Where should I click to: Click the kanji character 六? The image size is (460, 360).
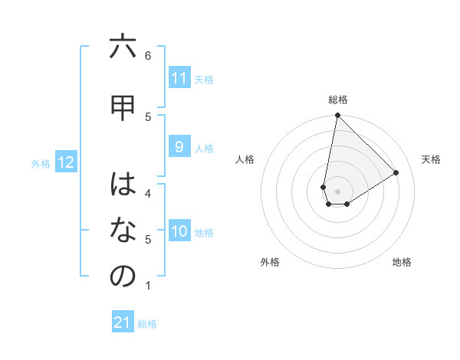point(123,47)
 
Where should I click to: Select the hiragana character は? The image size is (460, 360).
point(123,184)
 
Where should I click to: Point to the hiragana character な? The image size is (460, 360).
point(123,230)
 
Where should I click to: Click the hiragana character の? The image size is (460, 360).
point(123,277)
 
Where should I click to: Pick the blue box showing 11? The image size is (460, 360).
point(179,78)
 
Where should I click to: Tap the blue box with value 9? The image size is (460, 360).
point(179,147)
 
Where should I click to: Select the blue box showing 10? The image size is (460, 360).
point(179,231)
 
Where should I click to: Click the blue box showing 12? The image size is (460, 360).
point(66,162)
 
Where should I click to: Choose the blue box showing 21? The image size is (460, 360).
point(123,322)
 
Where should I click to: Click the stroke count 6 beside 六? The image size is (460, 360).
point(148,55)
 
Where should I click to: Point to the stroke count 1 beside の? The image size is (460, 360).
point(148,286)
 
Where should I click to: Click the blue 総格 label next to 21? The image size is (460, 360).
point(147,324)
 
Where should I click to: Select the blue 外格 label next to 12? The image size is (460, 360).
point(41,163)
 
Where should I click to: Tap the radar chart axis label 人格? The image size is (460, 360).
point(245,159)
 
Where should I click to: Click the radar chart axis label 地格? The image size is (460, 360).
point(402,262)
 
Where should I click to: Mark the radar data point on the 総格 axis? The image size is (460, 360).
point(337,116)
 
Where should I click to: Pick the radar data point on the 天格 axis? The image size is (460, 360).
point(396,173)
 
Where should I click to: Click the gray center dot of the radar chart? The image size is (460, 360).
point(337,191)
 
